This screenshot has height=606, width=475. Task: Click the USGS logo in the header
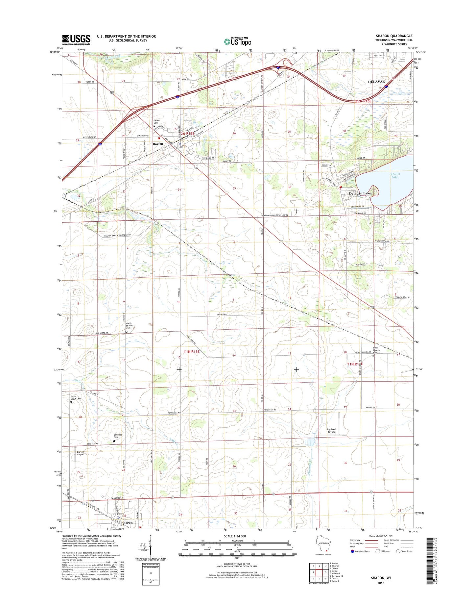tap(76, 40)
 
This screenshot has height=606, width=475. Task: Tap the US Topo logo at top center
tap(237, 41)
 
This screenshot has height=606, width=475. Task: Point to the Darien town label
tap(158, 144)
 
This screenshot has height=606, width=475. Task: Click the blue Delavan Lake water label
tap(394, 175)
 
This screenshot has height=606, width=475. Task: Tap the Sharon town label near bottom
tap(127, 522)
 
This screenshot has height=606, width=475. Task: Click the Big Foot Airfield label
tap(333, 431)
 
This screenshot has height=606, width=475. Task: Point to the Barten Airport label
tap(81, 453)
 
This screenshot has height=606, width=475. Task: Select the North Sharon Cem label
tap(129, 326)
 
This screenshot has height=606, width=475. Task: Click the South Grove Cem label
tap(76, 398)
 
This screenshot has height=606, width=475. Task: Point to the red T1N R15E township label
tap(192, 352)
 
